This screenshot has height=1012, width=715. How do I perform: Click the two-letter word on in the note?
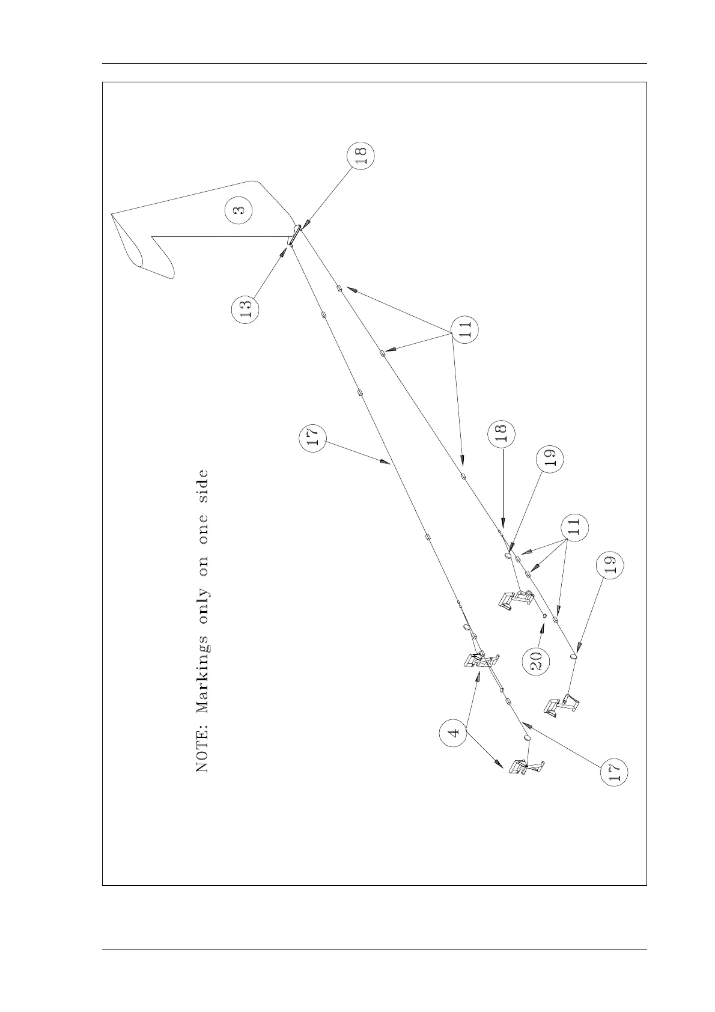202,562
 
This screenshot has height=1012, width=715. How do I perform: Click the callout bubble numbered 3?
239,211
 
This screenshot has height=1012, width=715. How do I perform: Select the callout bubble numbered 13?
245,309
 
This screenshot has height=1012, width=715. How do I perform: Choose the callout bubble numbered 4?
454,733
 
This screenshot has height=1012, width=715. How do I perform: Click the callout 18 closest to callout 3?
361,155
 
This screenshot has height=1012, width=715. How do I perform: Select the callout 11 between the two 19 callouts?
574,527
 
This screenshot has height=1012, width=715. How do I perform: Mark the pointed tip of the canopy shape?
112,213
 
